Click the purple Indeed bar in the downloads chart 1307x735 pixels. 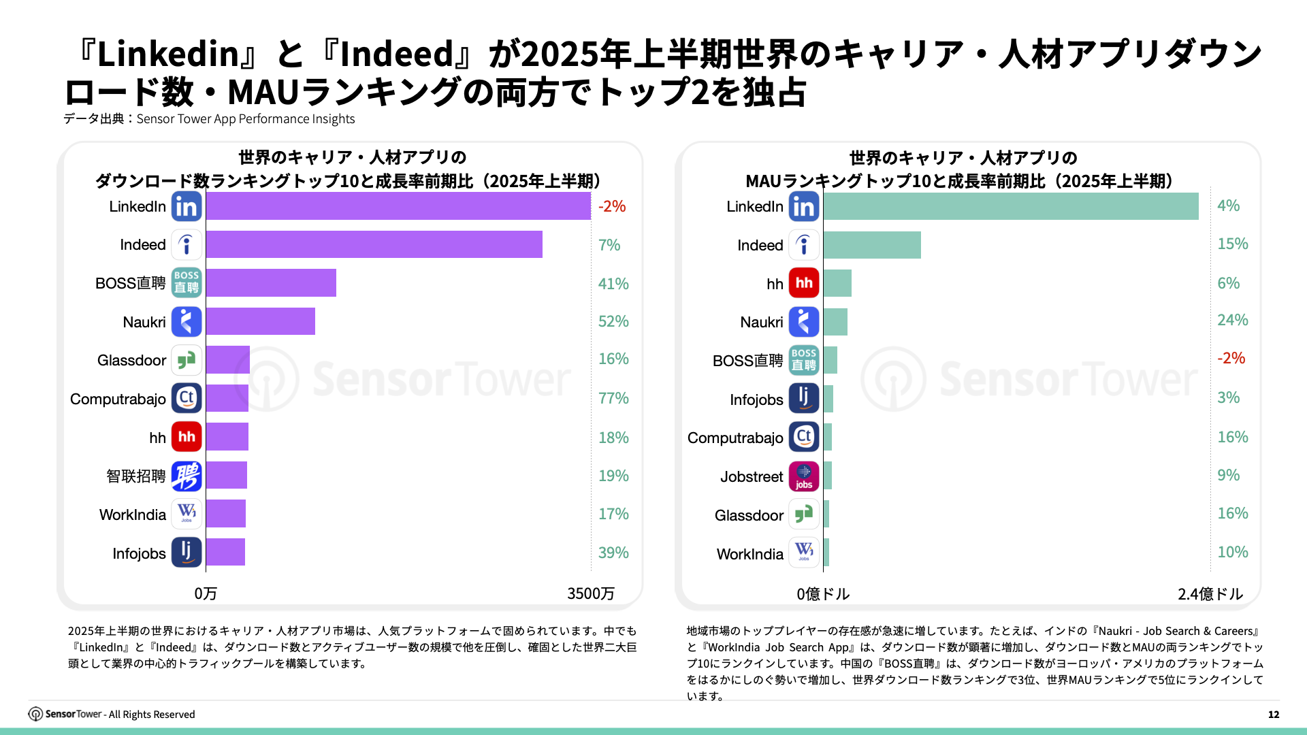[374, 244]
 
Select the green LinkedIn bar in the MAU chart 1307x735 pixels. [1010, 206]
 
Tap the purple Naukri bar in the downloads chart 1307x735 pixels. [260, 321]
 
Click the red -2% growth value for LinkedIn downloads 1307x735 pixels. [612, 206]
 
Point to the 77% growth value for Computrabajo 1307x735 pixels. [613, 398]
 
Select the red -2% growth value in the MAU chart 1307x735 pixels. [1231, 358]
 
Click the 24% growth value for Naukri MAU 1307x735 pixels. [1232, 320]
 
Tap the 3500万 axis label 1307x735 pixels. [590, 593]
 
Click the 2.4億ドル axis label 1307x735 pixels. [1210, 594]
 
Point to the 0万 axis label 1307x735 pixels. [206, 593]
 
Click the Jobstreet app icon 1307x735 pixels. [804, 476]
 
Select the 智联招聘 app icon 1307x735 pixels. [187, 476]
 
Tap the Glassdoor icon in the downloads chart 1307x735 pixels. [187, 360]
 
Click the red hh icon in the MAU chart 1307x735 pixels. [804, 283]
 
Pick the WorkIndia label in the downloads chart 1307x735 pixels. [133, 514]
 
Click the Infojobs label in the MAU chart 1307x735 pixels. [756, 399]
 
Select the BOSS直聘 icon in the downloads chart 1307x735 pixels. [187, 282]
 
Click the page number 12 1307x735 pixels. [1274, 714]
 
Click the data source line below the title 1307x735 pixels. [209, 119]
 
